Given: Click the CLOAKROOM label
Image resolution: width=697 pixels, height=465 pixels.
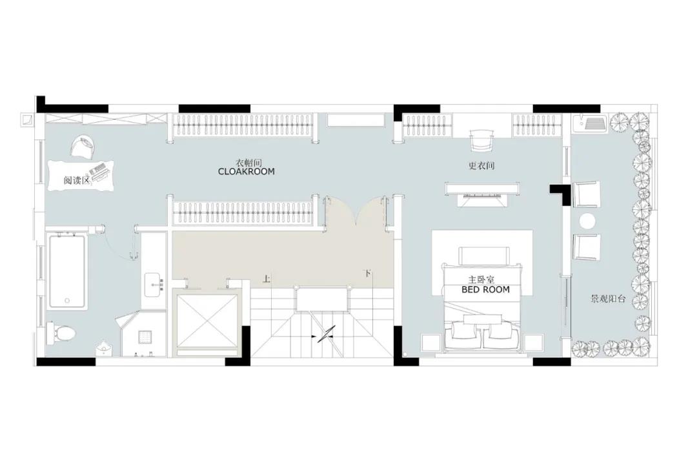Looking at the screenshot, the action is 247,171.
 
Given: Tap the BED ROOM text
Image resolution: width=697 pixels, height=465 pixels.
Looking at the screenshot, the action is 485,290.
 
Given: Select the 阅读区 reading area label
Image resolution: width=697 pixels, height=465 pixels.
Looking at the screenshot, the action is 77,181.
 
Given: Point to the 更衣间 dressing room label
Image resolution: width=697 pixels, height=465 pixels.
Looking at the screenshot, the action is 481,166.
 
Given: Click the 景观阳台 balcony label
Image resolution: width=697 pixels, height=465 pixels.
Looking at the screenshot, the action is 608,299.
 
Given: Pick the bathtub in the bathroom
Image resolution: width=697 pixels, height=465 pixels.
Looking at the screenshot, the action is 66,271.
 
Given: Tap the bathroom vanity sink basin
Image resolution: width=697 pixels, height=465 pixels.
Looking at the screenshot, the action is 154,284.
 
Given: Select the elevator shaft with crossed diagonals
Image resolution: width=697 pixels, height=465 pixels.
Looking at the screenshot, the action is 206,320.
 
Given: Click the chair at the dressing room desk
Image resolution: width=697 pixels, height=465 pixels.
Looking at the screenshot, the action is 481,140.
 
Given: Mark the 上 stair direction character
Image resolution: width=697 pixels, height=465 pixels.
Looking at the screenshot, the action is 267,280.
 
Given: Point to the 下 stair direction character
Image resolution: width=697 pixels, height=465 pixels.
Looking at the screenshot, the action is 367,273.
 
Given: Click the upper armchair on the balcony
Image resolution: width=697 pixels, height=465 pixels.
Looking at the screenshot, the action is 587,194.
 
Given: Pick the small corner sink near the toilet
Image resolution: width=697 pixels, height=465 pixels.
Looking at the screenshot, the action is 104,347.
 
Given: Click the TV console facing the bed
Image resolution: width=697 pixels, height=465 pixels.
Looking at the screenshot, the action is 482,189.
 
